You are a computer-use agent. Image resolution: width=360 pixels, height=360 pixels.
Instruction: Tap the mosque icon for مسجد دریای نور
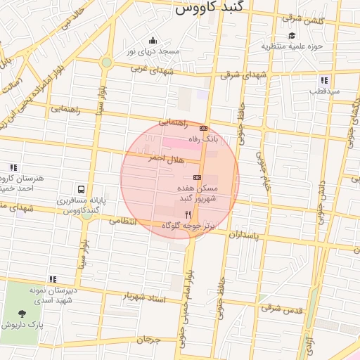click(x=153, y=39)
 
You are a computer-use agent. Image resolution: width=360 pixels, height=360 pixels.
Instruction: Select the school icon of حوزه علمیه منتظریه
click(x=291, y=36)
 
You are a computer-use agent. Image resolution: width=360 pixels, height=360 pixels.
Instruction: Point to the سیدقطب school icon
click(x=324, y=80)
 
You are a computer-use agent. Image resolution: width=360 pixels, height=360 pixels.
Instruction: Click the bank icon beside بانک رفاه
click(x=204, y=128)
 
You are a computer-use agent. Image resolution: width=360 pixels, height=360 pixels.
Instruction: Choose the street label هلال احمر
click(x=162, y=160)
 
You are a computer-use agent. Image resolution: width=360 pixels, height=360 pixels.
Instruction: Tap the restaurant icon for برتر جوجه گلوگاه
click(x=188, y=214)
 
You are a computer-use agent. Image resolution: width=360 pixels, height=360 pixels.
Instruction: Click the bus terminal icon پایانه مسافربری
click(x=82, y=189)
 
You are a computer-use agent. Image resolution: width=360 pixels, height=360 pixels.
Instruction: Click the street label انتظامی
click(x=125, y=221)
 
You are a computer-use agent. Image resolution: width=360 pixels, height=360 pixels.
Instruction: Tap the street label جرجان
click(x=149, y=340)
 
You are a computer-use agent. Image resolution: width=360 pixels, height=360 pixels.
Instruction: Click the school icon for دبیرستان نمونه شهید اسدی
click(x=53, y=279)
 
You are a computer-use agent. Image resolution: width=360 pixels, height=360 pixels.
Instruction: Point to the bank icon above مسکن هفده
click(x=197, y=177)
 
